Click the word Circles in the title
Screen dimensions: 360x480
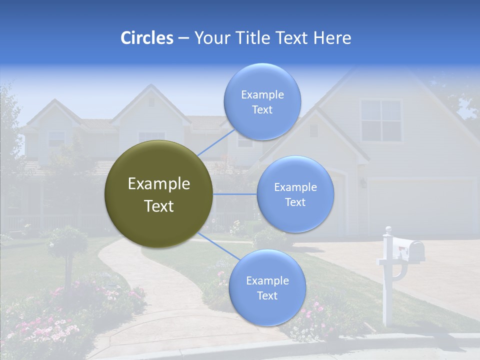coord(146,38)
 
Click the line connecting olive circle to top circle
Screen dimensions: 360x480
coord(216,142)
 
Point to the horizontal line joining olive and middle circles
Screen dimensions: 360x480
coord(234,194)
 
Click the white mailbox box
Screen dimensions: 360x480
coord(408,248)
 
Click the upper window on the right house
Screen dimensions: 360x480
coord(381,120)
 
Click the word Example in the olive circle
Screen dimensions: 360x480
coord(158,184)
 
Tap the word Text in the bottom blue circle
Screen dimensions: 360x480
coord(267,296)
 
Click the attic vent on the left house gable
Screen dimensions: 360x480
coord(151,102)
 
